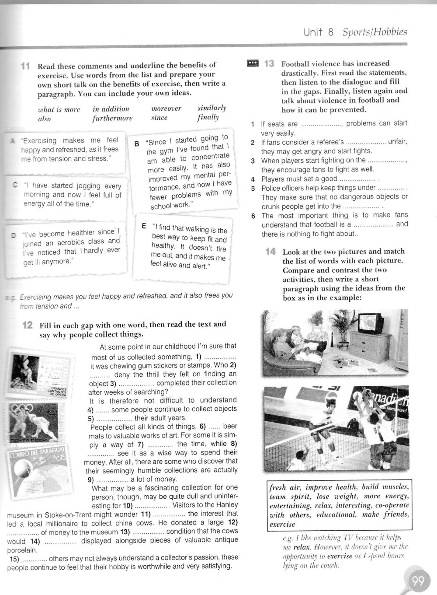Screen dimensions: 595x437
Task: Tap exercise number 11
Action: coord(25,66)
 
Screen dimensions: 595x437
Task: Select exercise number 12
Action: coord(28,325)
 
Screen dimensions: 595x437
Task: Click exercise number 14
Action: coord(270,252)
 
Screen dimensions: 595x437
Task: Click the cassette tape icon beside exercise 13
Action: coord(253,64)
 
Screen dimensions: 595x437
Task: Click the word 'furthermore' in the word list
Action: coord(112,118)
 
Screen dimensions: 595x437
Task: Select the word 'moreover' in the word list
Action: coord(166,108)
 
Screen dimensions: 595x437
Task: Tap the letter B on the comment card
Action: coord(136,143)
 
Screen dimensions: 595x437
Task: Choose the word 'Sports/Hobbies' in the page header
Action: coord(375,32)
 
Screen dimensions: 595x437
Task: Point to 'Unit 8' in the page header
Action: coord(319,32)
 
